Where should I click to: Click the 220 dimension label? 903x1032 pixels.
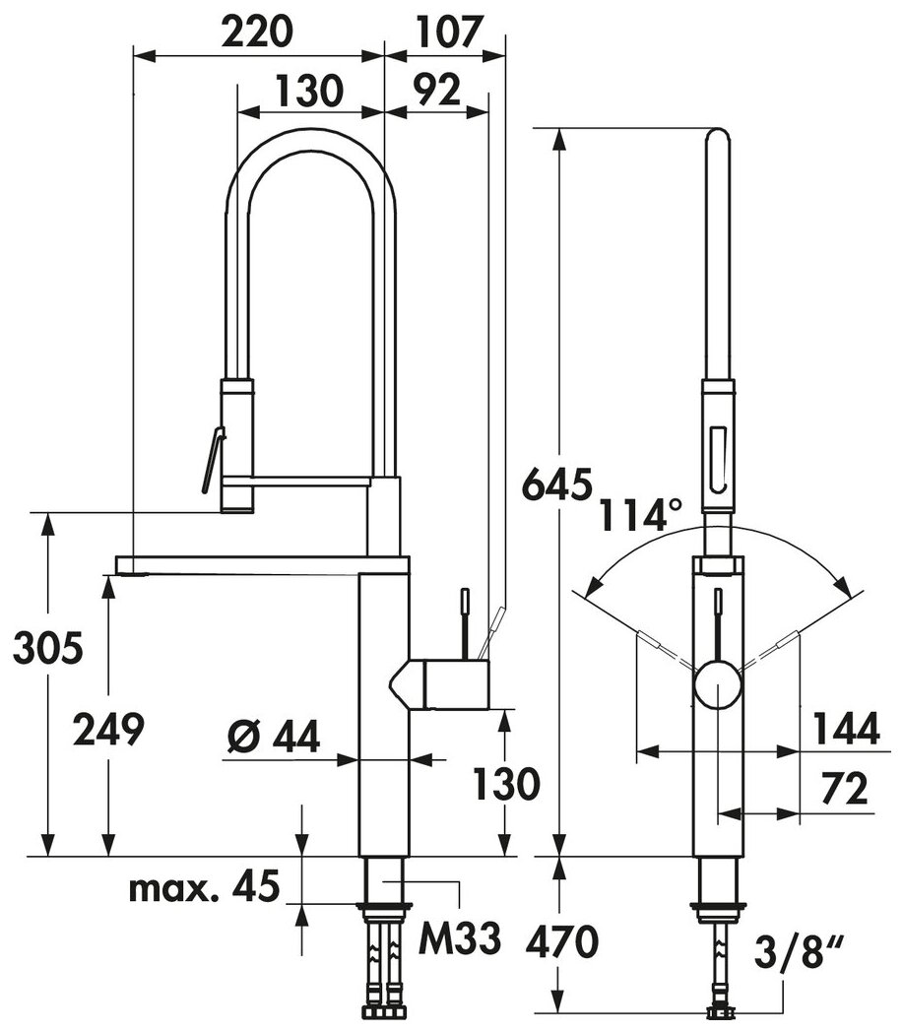click(256, 32)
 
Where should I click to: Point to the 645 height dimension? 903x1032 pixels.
click(556, 485)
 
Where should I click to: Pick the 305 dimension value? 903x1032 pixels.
click(48, 647)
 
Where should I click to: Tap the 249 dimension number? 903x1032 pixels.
click(108, 730)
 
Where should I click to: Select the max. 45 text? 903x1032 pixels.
click(204, 887)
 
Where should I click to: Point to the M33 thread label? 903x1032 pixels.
click(460, 937)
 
